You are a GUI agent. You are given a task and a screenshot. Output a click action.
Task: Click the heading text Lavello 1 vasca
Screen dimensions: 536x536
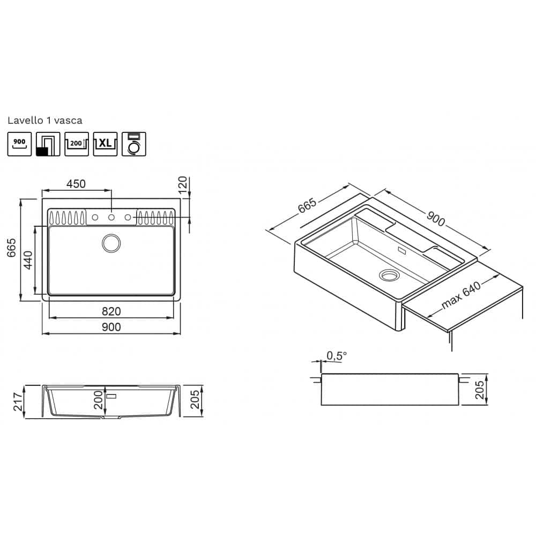(x=45, y=120)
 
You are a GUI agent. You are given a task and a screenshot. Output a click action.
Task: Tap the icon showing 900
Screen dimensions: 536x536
(x=19, y=144)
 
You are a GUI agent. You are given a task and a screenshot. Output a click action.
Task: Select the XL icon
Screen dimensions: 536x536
(x=105, y=144)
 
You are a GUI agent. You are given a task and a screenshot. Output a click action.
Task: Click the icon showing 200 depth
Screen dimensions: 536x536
(x=77, y=144)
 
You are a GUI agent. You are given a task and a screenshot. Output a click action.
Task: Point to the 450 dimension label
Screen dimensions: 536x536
(x=76, y=184)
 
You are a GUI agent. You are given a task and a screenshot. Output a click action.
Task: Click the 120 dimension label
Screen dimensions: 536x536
(x=183, y=184)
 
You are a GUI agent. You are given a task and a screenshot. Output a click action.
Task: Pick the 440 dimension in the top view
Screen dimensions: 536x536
(x=28, y=260)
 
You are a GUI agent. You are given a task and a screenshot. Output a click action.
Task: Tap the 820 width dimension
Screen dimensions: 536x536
(x=111, y=311)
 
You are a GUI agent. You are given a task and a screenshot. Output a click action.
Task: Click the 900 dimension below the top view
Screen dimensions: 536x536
(x=111, y=327)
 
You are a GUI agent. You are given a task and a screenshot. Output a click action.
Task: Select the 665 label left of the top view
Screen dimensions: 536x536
(x=12, y=248)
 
